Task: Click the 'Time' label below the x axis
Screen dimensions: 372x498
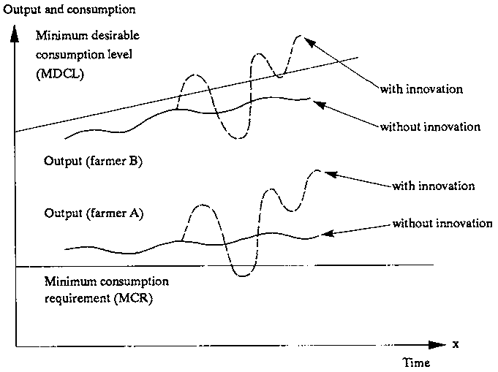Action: pyautogui.click(x=416, y=362)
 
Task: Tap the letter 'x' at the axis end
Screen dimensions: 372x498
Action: pyautogui.click(x=455, y=343)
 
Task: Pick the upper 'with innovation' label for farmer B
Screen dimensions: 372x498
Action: pyautogui.click(x=421, y=90)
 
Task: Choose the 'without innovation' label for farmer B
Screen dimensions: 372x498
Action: pyautogui.click(x=430, y=126)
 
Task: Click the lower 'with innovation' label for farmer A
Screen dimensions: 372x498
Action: pyautogui.click(x=434, y=186)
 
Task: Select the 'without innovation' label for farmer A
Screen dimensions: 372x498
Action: pyautogui.click(x=442, y=223)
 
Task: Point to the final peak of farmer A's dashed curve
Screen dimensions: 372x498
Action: pyautogui.click(x=316, y=170)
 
